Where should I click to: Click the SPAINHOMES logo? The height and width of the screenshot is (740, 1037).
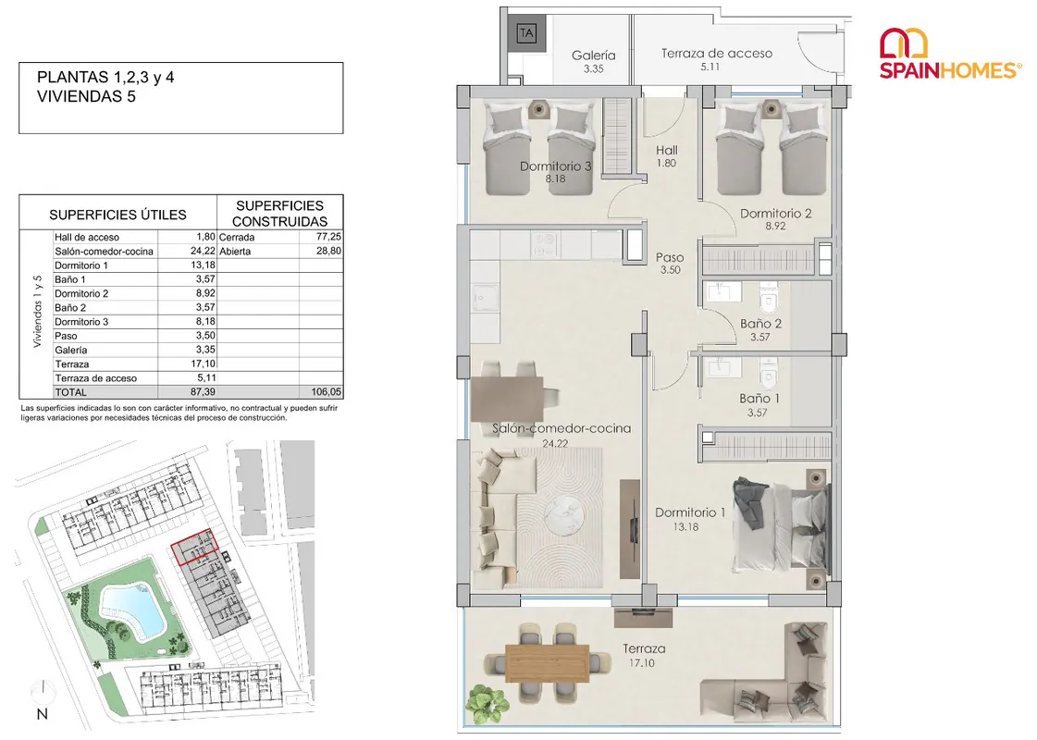click(x=950, y=55)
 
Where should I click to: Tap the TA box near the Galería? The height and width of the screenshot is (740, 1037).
click(x=526, y=33)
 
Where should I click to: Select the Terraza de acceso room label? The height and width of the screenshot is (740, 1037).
click(x=717, y=54)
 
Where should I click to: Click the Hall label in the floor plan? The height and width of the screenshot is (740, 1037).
click(x=667, y=150)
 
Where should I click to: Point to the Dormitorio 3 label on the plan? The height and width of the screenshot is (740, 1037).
click(x=556, y=166)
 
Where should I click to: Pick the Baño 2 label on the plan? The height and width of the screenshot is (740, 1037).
click(x=760, y=324)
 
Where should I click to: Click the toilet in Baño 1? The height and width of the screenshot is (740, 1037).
click(x=768, y=374)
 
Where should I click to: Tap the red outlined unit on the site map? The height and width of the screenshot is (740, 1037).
click(x=194, y=547)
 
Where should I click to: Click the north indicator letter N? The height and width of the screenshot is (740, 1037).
click(x=43, y=714)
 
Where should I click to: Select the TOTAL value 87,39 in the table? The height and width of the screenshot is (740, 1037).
click(x=203, y=392)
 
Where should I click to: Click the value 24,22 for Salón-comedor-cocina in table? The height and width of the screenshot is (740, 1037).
click(x=203, y=251)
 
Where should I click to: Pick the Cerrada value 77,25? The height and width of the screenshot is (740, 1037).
click(x=328, y=236)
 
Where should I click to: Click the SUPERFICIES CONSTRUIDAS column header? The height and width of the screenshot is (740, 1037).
click(x=279, y=213)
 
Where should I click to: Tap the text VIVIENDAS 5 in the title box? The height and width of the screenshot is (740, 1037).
click(x=86, y=96)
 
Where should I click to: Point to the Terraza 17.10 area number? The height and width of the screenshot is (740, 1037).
click(x=641, y=662)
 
